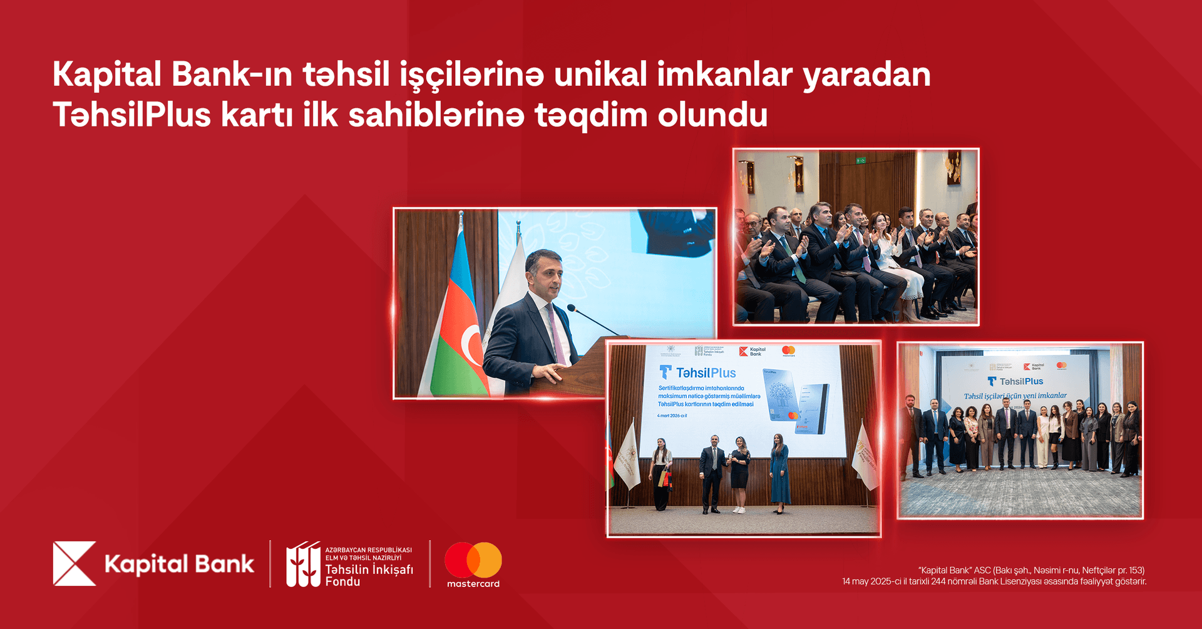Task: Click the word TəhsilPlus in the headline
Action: tap(132, 115)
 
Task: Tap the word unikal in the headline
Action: tap(600, 74)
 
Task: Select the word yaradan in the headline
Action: tap(866, 74)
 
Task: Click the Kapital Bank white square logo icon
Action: tap(74, 563)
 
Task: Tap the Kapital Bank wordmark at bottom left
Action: tap(179, 564)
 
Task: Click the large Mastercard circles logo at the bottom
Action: tap(473, 560)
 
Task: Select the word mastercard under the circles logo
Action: tap(473, 583)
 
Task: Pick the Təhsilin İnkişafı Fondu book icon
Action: tap(303, 564)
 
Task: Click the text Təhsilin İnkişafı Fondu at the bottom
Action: tap(369, 575)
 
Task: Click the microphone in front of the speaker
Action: tap(571, 308)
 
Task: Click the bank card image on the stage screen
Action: tap(795, 401)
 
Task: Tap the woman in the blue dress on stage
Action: tap(779, 474)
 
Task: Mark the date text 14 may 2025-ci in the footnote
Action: tap(875, 581)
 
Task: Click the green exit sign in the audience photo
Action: tap(861, 161)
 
